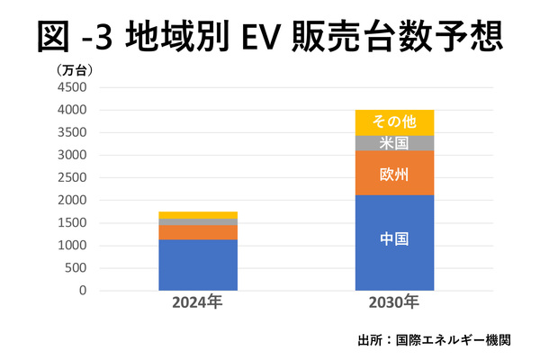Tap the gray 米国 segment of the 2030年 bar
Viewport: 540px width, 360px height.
coord(394,143)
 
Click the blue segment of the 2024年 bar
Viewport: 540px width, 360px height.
coord(197,265)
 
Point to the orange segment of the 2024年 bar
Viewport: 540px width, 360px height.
coord(197,231)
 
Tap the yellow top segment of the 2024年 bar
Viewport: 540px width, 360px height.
coord(197,215)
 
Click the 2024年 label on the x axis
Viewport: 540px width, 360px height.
coord(197,302)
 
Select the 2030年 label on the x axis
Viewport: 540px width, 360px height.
coord(394,302)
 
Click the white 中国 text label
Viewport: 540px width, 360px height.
coord(394,240)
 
